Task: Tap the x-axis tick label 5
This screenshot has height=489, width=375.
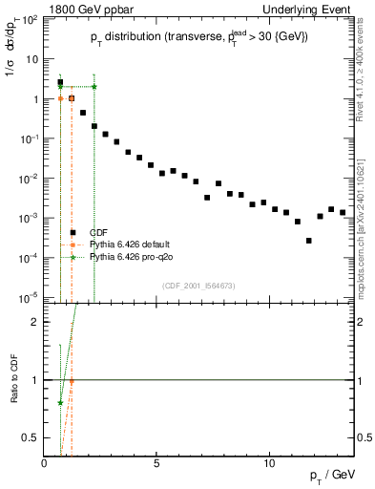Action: point(156,462)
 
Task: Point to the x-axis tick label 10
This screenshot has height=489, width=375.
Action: point(269,462)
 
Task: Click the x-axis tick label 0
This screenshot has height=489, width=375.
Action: point(45,462)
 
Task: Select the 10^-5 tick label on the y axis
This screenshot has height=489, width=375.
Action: point(29,297)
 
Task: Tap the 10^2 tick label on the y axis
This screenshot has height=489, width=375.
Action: point(31,18)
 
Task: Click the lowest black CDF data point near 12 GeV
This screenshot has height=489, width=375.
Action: point(308,241)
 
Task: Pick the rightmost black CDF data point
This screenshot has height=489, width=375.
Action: point(343,212)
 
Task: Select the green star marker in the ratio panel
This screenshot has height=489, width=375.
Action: point(60,402)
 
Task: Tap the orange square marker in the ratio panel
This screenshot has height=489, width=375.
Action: point(72,381)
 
